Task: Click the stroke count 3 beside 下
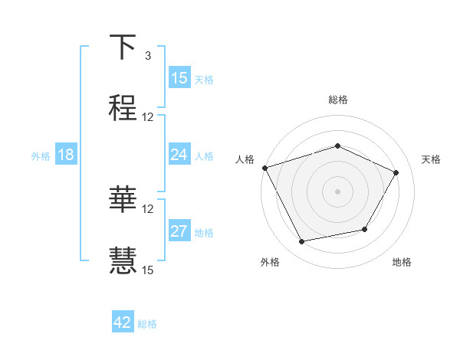tap(147, 56)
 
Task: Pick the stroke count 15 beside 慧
tap(148, 270)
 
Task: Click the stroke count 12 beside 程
tap(148, 117)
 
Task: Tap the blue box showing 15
tap(179, 78)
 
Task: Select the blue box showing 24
tap(179, 155)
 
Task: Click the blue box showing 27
tap(179, 231)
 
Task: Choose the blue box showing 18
tap(66, 155)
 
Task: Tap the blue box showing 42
tap(123, 322)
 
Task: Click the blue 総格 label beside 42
tap(147, 324)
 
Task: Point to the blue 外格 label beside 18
tap(41, 156)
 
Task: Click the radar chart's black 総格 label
tap(337, 100)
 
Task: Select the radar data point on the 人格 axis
tap(264, 168)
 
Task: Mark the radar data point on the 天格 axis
tap(396, 172)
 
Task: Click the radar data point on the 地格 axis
tap(365, 229)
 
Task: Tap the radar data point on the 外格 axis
tap(302, 241)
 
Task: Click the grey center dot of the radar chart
tap(337, 191)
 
